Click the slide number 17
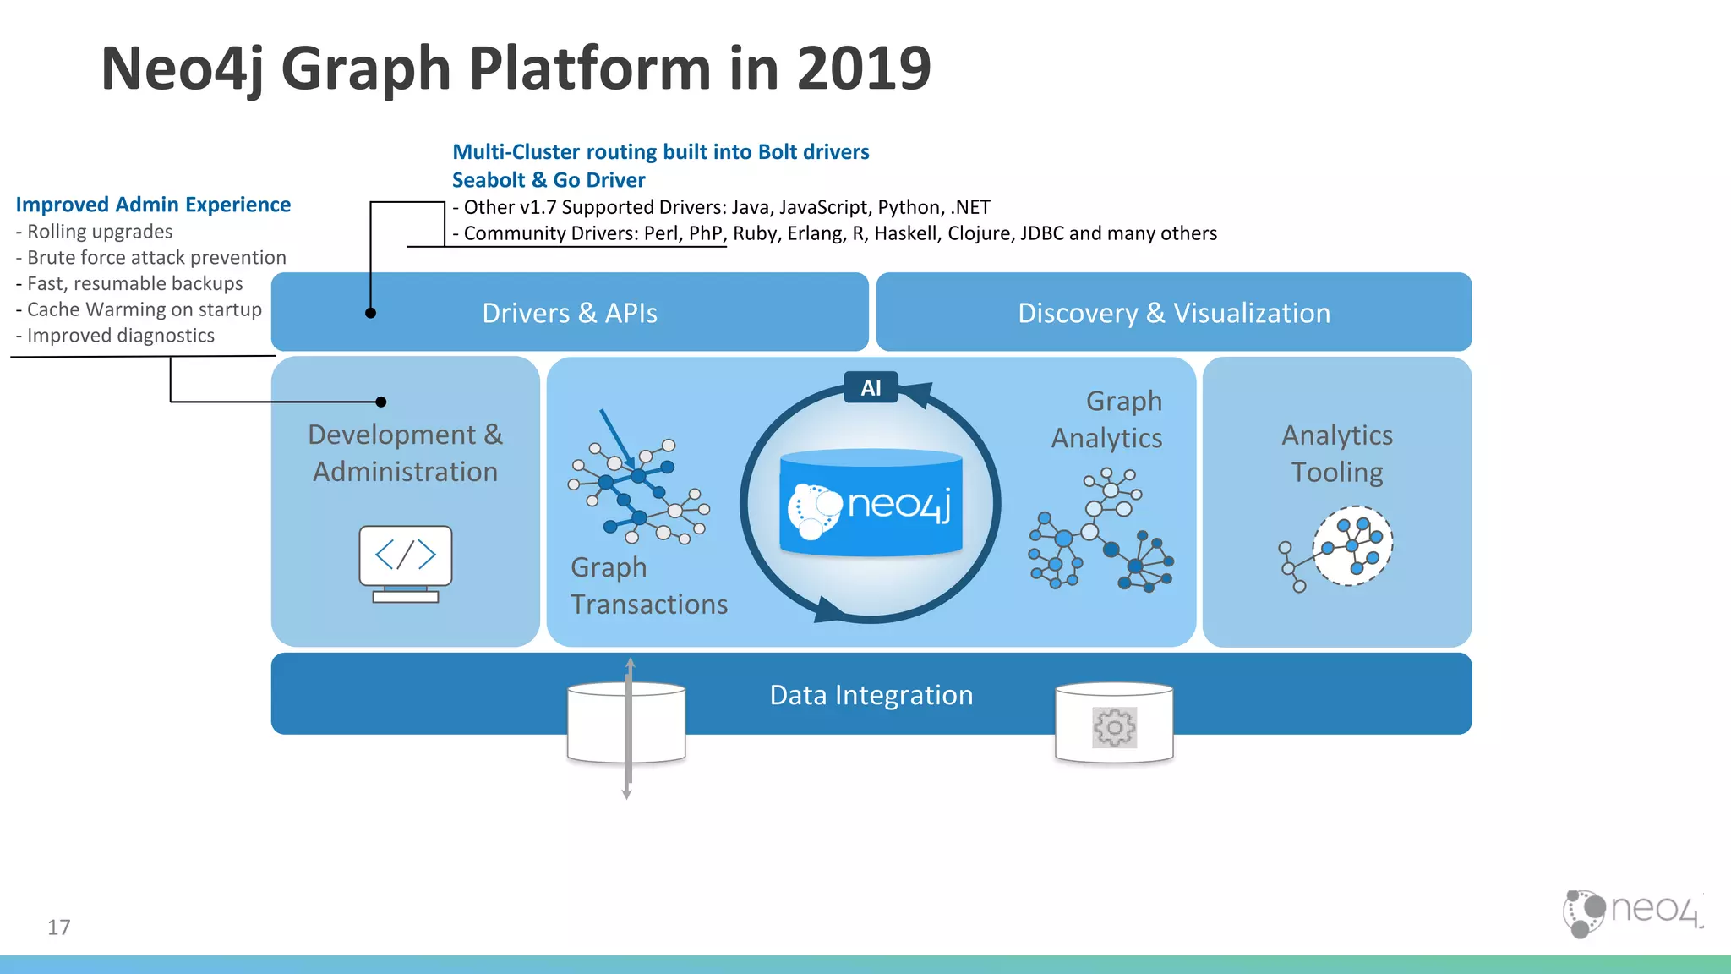tap(59, 927)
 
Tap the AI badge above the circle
tap(871, 388)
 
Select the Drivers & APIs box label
tap(570, 313)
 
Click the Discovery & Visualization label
tap(1173, 313)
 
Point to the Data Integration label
tap(871, 695)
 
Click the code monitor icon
tap(406, 563)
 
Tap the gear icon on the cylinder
tap(1114, 727)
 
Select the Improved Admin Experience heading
tap(153, 205)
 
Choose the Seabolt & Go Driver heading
tap(549, 180)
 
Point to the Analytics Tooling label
tap(1337, 453)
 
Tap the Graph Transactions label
tap(648, 586)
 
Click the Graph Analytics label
tap(1107, 419)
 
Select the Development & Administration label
tap(405, 453)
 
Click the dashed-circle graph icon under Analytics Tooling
tap(1351, 546)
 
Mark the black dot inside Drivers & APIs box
tap(370, 313)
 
